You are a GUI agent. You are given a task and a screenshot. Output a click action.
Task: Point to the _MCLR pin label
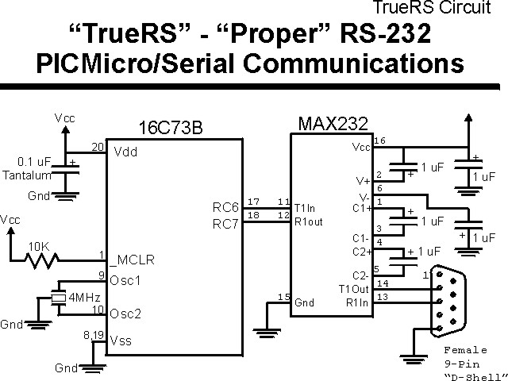pyautogui.click(x=131, y=259)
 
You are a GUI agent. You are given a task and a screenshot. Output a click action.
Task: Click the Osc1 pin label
pyautogui.click(x=126, y=280)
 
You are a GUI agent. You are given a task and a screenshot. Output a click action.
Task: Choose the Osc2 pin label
pyautogui.click(x=126, y=314)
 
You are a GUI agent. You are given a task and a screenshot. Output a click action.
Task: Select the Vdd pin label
pyautogui.click(x=125, y=152)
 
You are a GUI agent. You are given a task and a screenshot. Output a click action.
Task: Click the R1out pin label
pyautogui.click(x=309, y=222)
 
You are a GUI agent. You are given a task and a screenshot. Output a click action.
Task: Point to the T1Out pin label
pyautogui.click(x=353, y=288)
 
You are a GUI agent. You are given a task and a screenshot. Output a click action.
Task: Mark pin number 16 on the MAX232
pyautogui.click(x=379, y=140)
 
